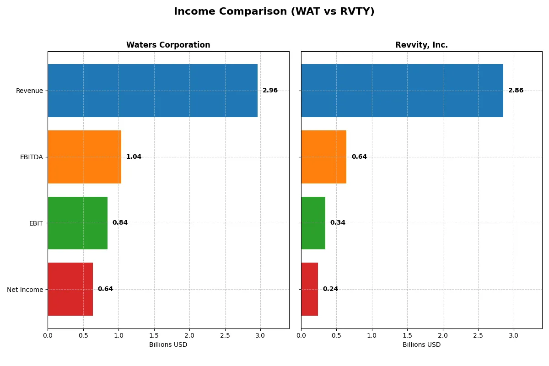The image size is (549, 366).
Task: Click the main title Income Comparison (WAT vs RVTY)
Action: pos(274,12)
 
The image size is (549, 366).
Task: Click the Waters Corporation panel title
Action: pos(168,45)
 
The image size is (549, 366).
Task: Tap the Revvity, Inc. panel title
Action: pos(421,45)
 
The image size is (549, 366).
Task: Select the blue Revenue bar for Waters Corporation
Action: pos(152,91)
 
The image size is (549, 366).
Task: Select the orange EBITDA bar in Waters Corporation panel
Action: pos(84,157)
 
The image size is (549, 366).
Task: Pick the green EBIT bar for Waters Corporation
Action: pos(77,223)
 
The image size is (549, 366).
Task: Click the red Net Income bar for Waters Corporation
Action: pos(70,289)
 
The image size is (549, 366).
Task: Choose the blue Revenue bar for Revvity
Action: pos(402,91)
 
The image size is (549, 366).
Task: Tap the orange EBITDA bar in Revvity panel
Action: pos(323,157)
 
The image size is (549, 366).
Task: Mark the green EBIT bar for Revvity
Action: pos(313,223)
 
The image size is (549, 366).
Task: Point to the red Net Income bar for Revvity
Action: pos(309,289)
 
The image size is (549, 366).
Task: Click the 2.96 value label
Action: pos(270,91)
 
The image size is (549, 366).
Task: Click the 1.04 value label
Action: pos(134,157)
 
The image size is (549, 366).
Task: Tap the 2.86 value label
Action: pos(516,91)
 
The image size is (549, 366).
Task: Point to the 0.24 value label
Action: pos(330,289)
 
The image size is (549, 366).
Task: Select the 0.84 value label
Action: pos(120,223)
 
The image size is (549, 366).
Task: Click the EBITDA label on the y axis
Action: pos(32,157)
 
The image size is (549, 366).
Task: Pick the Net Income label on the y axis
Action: pos(25,289)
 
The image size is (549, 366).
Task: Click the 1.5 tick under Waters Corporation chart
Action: pos(154,335)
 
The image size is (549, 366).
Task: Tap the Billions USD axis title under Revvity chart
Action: pos(421,344)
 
